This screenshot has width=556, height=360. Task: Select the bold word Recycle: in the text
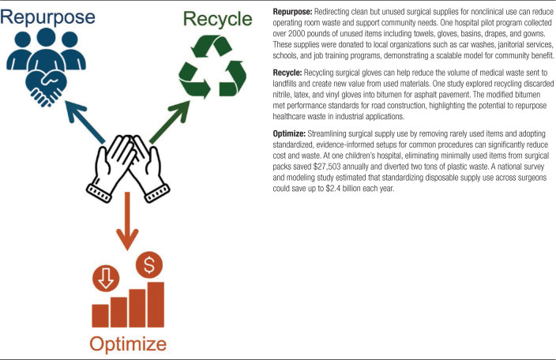coord(288,71)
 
